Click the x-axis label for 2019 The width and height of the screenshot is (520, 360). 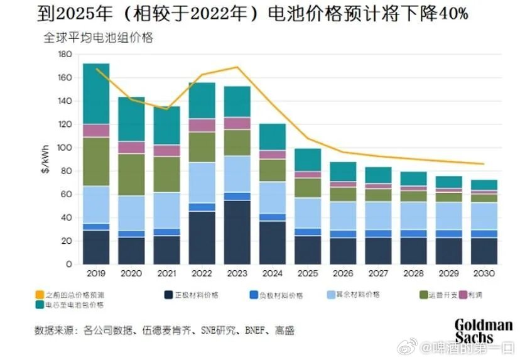click(96, 274)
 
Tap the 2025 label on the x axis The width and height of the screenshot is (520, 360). click(308, 274)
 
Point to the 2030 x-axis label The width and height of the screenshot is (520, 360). click(484, 274)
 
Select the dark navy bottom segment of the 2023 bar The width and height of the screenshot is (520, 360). click(237, 232)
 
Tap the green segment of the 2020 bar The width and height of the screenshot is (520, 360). click(131, 175)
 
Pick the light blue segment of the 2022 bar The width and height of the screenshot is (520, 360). click(202, 183)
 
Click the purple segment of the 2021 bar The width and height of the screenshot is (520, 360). click(166, 151)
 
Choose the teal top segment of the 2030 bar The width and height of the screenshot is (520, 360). click(484, 185)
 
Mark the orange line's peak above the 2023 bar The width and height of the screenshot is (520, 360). click(237, 67)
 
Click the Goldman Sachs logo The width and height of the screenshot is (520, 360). click(484, 330)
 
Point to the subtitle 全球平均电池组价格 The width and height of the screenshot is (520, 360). click(98, 37)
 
